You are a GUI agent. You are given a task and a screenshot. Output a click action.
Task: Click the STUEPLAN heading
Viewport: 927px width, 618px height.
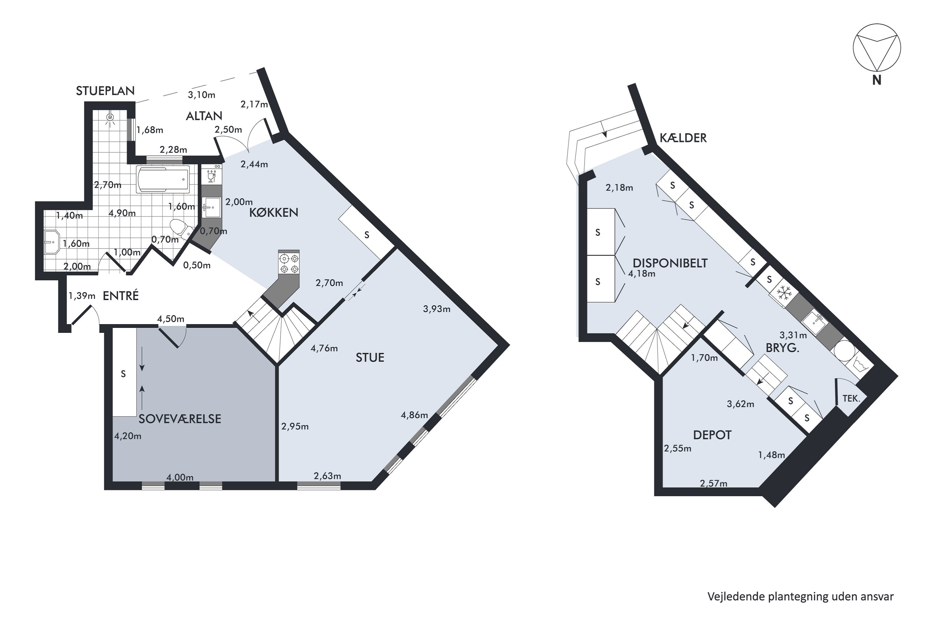(105, 91)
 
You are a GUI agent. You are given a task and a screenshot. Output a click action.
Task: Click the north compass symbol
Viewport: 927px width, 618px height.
(877, 59)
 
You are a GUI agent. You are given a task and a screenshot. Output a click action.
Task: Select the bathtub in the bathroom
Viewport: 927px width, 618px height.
(163, 179)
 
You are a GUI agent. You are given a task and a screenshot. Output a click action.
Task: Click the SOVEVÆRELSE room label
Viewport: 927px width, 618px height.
(180, 419)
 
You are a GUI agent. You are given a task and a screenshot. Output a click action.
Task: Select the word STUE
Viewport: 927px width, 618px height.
(370, 358)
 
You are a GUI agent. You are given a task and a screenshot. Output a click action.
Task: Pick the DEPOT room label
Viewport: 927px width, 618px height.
(712, 435)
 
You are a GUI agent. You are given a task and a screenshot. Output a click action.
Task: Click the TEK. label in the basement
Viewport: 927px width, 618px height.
(851, 399)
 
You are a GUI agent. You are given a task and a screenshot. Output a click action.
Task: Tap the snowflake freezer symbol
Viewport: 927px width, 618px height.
(784, 293)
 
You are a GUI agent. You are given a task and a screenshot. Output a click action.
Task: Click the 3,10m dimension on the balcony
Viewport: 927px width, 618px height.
(201, 95)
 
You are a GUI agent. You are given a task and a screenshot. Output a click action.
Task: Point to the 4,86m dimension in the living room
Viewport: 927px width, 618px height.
(414, 415)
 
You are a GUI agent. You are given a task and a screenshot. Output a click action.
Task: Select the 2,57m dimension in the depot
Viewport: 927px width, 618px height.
(713, 483)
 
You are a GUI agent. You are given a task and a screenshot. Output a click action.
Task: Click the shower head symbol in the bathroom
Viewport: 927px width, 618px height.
(110, 117)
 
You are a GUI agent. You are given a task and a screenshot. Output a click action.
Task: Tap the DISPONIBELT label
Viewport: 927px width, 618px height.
(670, 263)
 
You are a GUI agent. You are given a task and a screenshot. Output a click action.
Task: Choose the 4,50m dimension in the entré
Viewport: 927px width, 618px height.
(171, 319)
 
